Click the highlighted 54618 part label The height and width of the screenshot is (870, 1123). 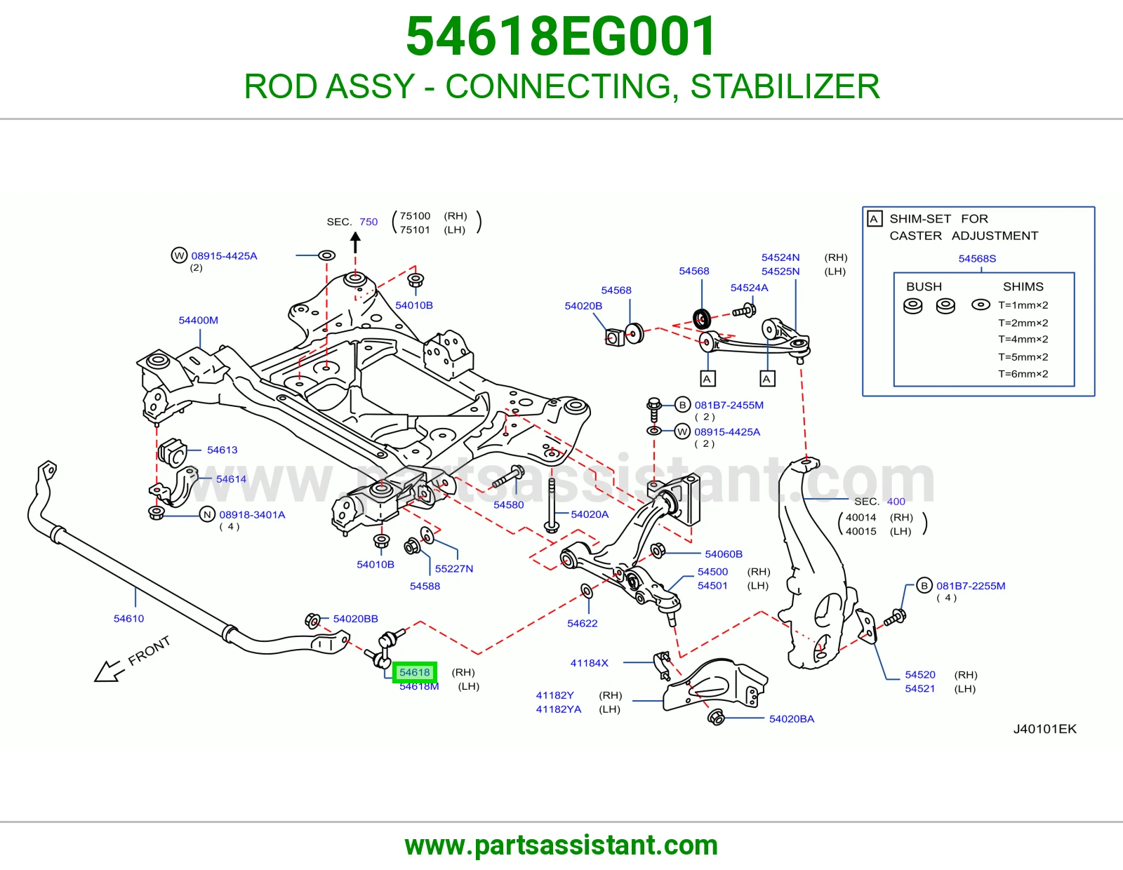tap(415, 672)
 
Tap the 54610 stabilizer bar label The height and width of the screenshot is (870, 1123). tap(128, 618)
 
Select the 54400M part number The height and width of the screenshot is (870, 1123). tap(199, 321)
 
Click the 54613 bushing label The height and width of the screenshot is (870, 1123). tap(222, 450)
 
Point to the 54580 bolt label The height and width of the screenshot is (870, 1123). tap(509, 504)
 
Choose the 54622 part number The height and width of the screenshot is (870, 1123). tap(583, 624)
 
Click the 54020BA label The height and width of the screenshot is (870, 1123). tap(792, 719)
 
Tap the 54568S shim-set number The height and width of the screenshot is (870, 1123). tap(977, 259)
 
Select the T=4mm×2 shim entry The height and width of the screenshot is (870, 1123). tap(1023, 340)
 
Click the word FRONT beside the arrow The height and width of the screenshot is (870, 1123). tap(149, 651)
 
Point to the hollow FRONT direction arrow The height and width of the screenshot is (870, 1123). tap(109, 671)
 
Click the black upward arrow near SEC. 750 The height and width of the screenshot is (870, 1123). tap(355, 242)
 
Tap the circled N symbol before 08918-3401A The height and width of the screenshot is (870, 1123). tap(207, 514)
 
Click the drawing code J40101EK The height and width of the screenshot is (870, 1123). tap(1045, 729)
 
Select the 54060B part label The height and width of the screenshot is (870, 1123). tap(724, 554)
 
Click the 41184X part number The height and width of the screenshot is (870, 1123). tap(589, 663)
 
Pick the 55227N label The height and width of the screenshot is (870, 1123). tap(453, 569)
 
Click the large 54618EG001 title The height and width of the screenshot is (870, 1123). tap(561, 36)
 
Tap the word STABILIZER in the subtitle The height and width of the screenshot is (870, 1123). tap(785, 86)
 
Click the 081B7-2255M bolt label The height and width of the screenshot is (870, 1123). tap(971, 586)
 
